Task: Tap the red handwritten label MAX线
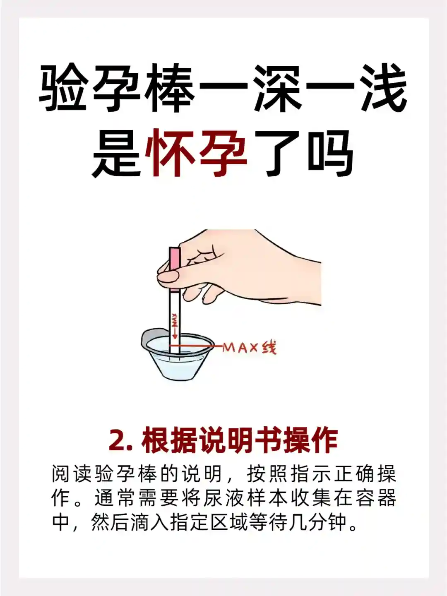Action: (x=249, y=348)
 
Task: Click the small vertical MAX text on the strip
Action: (x=175, y=320)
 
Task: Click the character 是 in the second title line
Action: (x=116, y=154)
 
